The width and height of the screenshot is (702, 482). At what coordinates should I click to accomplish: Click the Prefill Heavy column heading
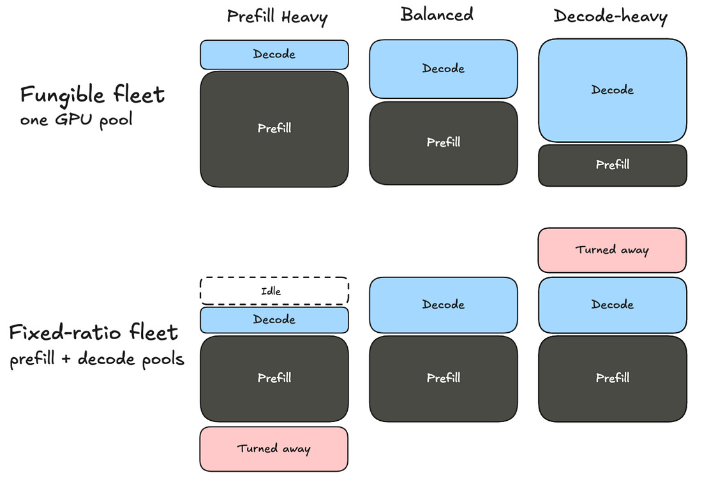pos(277,17)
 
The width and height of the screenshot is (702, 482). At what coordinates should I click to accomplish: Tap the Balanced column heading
pos(437,14)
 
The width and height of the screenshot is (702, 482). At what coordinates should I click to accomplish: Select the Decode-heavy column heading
pos(611,17)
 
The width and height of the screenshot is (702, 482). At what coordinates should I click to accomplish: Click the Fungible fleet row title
pos(93,94)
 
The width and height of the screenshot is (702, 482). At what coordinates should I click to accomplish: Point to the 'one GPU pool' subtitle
pos(76,119)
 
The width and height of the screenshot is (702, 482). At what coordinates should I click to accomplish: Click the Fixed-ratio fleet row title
pos(94,332)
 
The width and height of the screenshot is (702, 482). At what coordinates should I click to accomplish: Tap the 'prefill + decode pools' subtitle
pos(97,359)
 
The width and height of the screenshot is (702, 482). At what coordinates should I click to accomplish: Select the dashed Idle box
pos(274,291)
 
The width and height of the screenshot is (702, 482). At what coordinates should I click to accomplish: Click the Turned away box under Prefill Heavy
pos(274,449)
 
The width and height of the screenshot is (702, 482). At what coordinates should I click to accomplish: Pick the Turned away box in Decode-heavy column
pos(612,250)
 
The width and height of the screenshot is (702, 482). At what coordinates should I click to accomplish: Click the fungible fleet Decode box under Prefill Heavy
pos(274,55)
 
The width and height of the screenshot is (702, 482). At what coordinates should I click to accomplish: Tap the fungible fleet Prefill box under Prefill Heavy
pos(274,129)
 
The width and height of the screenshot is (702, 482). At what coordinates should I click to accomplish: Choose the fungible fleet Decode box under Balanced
pos(444,69)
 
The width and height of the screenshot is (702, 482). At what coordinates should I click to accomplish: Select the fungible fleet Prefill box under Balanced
pos(444,143)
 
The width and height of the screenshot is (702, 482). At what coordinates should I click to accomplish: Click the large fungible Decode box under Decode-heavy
pos(613,91)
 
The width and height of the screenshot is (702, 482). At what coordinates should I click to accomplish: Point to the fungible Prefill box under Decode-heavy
pos(613,165)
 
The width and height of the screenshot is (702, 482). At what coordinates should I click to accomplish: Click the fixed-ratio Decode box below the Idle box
pos(274,319)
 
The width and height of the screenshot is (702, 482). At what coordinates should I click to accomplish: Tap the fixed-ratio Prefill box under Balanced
pos(444,379)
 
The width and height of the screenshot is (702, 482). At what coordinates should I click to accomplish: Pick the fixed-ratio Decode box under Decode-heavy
pos(613,305)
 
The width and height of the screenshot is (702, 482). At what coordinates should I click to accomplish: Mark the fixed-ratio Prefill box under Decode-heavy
pos(613,379)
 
